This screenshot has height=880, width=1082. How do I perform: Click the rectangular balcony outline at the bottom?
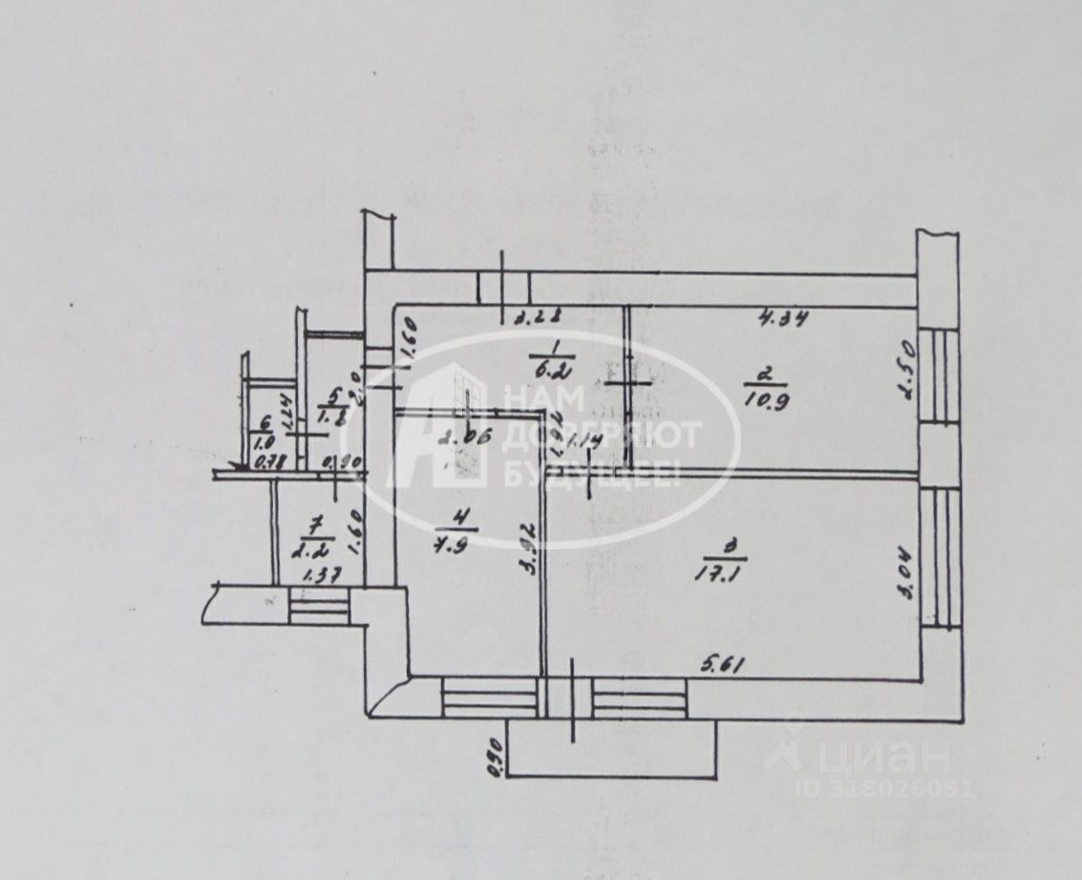click(612, 749)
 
